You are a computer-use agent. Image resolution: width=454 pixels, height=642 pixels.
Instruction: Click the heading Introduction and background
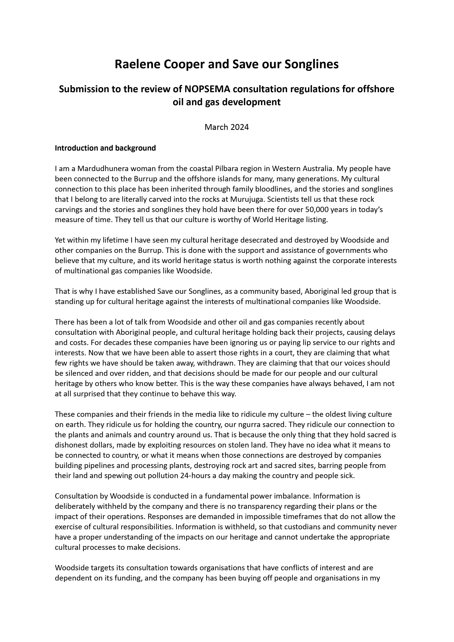[105, 148]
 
